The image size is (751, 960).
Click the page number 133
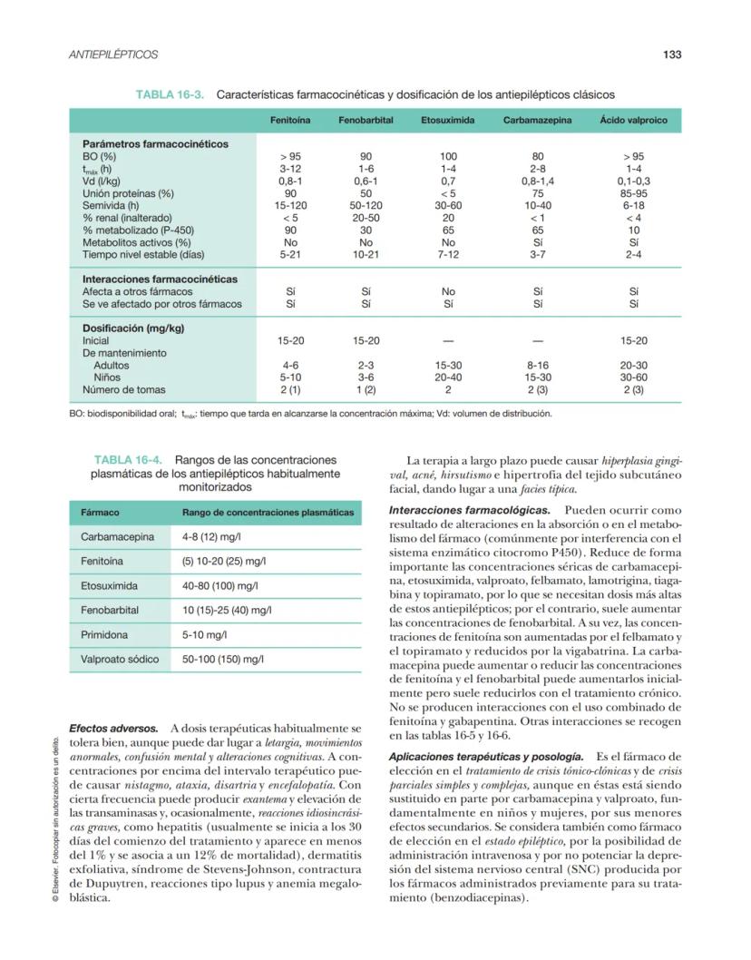(x=671, y=54)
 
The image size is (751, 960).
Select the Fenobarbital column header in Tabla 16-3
(x=366, y=121)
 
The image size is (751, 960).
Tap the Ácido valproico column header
(x=633, y=121)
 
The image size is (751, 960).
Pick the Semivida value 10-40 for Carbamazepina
(x=538, y=205)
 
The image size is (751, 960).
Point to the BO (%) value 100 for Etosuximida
(x=448, y=156)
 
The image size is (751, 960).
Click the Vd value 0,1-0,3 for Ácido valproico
(x=633, y=181)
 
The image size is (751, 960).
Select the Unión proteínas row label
(x=128, y=193)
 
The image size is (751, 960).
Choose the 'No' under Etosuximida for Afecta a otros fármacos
(x=448, y=292)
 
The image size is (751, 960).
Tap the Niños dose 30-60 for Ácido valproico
(x=633, y=377)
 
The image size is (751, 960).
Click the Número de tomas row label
(x=124, y=390)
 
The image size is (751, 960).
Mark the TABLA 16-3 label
(x=170, y=94)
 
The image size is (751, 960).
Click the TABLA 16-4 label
(x=130, y=460)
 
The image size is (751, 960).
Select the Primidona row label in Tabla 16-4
(x=104, y=635)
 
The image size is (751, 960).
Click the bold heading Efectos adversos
(x=113, y=729)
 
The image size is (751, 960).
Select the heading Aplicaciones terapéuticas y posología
(x=485, y=756)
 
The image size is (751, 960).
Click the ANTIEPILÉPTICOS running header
(x=113, y=54)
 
